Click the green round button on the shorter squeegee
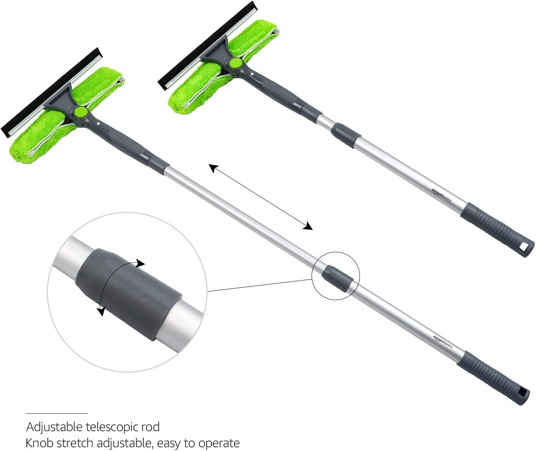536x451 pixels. click(236, 63)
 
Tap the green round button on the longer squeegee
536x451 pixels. click(81, 112)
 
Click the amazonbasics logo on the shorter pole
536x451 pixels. click(441, 195)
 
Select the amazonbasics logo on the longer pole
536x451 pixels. click(443, 342)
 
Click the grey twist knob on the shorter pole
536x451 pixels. click(346, 135)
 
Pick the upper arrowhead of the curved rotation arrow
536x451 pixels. click(140, 263)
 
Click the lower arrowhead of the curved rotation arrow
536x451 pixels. click(101, 311)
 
